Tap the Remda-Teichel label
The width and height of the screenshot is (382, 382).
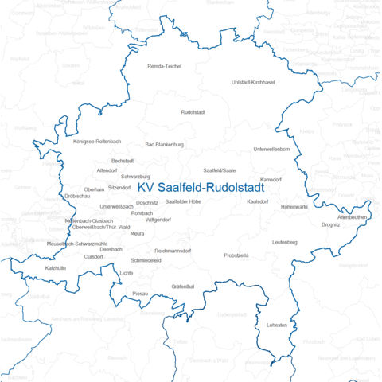pos(166,66)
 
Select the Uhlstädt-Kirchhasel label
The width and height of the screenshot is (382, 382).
pos(252,83)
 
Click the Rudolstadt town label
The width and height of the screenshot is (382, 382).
pos(193,112)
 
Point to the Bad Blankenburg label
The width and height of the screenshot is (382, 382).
pos(165,145)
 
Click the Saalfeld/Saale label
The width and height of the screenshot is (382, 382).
pos(220,170)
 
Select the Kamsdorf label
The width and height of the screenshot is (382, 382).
pos(271,180)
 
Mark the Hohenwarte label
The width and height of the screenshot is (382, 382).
pos(294,207)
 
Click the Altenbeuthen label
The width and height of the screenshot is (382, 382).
pos(352,216)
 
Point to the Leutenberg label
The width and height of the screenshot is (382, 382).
pos(284,242)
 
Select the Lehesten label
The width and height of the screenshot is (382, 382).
pos(278,326)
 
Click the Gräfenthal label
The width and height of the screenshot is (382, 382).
pos(183,286)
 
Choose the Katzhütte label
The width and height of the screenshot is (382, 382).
pos(57,268)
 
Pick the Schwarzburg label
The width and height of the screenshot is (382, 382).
pos(135,176)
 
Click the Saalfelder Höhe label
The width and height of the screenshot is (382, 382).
pos(183,202)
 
